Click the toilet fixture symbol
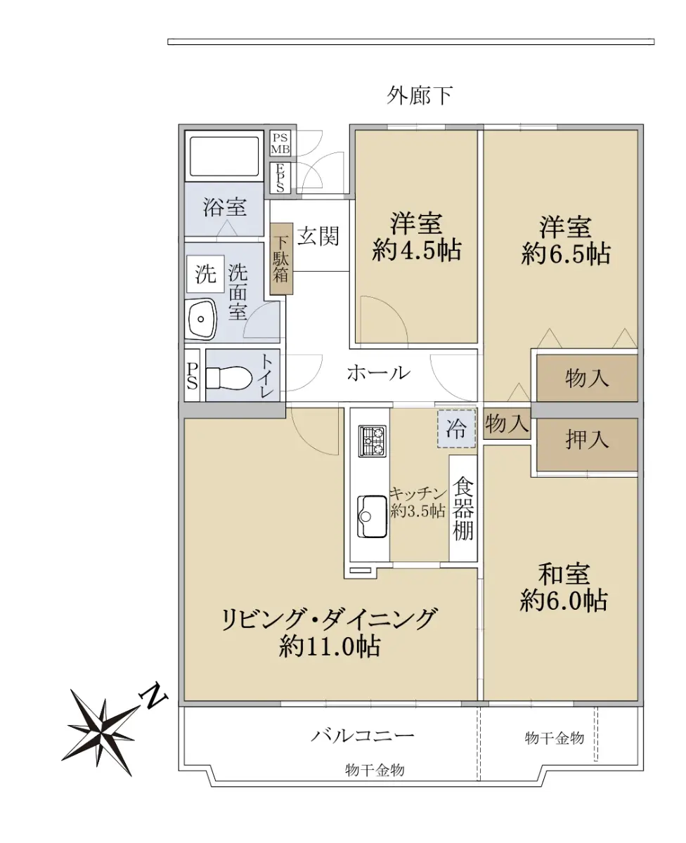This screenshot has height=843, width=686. tap(229, 377)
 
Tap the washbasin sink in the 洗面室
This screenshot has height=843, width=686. tap(201, 319)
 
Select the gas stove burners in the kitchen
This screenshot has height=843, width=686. tap(372, 440)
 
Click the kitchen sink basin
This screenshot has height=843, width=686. tap(372, 516)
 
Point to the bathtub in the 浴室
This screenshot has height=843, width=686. tap(224, 157)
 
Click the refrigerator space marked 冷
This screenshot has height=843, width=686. tap(456, 429)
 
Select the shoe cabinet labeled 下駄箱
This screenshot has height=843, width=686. tap(281, 259)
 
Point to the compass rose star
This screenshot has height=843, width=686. tap(102, 732)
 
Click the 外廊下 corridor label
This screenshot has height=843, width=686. tap(420, 96)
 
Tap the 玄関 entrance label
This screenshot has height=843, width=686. tap(318, 236)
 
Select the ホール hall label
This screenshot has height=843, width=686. tap(378, 373)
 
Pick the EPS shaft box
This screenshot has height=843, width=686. tap(280, 178)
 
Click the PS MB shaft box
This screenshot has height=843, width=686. tap(280, 143)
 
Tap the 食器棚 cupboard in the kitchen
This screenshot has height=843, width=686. tap(462, 508)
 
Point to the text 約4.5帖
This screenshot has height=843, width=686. tap(416, 250)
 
